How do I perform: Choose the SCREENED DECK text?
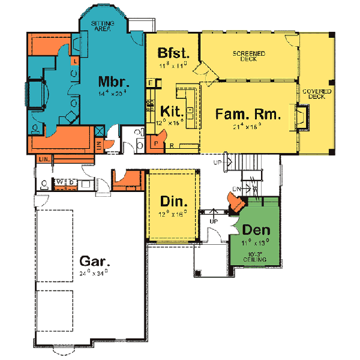(249, 57)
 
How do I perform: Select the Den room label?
(256, 230)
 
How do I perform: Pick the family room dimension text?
(244, 127)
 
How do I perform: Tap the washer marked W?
(60, 181)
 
